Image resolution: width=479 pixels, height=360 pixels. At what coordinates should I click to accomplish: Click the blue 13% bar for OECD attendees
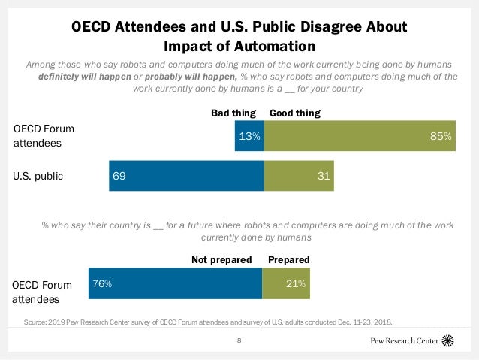pyautogui.click(x=249, y=136)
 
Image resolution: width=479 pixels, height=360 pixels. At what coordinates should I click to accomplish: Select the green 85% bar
pyautogui.click(x=360, y=136)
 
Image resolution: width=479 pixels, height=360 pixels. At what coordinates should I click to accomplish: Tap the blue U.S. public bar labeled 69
pyautogui.click(x=186, y=177)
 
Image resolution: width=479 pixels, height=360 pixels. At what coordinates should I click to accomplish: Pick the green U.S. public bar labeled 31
pyautogui.click(x=299, y=177)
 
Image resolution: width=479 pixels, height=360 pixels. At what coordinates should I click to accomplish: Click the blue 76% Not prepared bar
pyautogui.click(x=175, y=284)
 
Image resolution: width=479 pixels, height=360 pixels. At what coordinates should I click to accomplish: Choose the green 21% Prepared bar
pyautogui.click(x=285, y=284)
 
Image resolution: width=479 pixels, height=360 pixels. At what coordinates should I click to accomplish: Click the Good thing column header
pyautogui.click(x=295, y=113)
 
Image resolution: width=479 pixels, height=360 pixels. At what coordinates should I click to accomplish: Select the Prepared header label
pyautogui.click(x=289, y=259)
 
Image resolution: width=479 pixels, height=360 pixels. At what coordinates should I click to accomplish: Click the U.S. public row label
pyautogui.click(x=38, y=177)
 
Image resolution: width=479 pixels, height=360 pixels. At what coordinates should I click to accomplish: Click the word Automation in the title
pyautogui.click(x=275, y=45)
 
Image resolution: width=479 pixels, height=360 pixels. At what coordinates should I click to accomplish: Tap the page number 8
pyautogui.click(x=239, y=341)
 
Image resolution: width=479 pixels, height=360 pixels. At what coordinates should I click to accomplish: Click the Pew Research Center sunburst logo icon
pyautogui.click(x=448, y=340)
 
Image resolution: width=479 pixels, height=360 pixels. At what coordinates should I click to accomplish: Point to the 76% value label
pyautogui.click(x=102, y=284)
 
